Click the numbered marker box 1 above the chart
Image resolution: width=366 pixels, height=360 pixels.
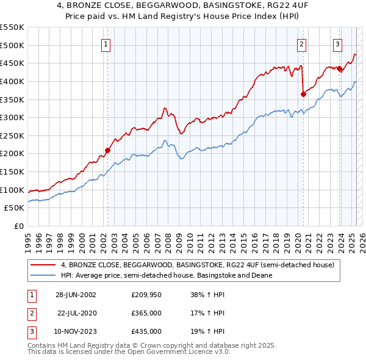106,43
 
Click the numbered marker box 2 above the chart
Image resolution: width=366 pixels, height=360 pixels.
301,43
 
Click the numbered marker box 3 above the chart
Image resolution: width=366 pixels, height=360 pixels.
337,43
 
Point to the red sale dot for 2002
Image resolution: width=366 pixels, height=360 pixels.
107,149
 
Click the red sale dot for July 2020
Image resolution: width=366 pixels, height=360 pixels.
303,93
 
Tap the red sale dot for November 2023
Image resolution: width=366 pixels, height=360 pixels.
339,68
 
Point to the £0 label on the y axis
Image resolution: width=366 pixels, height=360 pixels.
18,226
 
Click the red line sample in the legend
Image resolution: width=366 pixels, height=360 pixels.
43,265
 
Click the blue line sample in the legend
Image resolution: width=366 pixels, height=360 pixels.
43,276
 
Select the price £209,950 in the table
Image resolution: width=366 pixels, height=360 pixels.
146,295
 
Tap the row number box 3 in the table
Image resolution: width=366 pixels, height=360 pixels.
30,331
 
